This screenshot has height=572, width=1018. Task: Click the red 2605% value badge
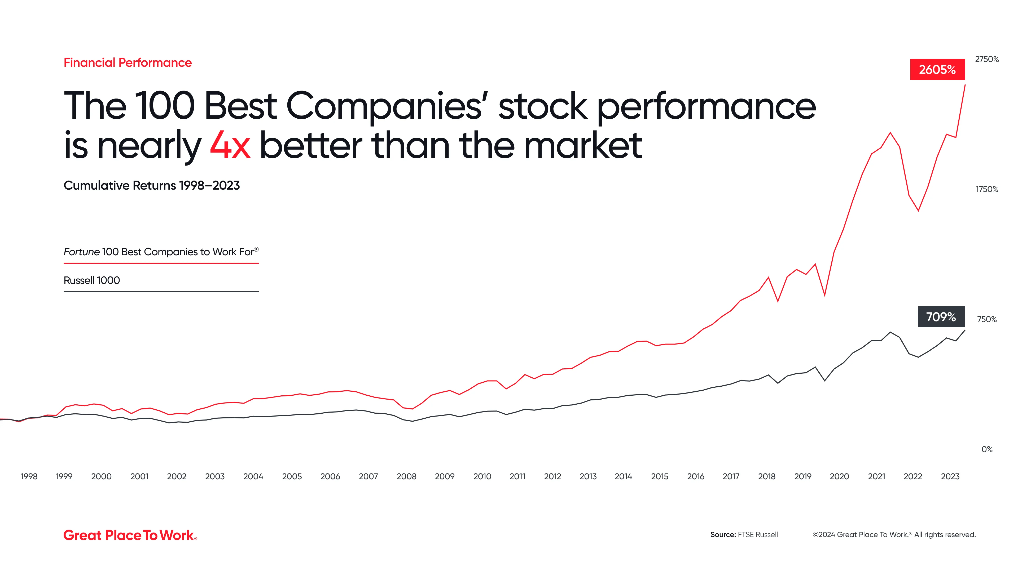[937, 69]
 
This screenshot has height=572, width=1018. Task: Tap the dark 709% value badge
[941, 317]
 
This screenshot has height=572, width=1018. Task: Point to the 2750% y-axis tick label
[986, 59]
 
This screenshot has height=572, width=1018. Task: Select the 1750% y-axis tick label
[986, 190]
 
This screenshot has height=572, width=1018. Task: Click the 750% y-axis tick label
[986, 319]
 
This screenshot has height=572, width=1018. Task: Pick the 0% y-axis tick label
[986, 449]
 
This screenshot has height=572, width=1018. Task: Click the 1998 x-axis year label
[29, 476]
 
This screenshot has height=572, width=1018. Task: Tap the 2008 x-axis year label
[406, 476]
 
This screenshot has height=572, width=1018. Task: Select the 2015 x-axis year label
[660, 476]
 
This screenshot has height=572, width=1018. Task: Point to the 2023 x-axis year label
[950, 476]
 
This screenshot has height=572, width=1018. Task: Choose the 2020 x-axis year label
[839, 476]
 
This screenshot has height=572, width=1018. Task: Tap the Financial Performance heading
[128, 62]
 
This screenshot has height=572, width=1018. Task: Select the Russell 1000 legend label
[92, 280]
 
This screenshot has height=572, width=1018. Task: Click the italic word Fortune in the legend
[81, 252]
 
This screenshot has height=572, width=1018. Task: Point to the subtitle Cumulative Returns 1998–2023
[152, 186]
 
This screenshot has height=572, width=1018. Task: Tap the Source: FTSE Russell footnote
[744, 534]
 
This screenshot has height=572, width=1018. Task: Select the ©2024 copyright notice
[894, 534]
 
